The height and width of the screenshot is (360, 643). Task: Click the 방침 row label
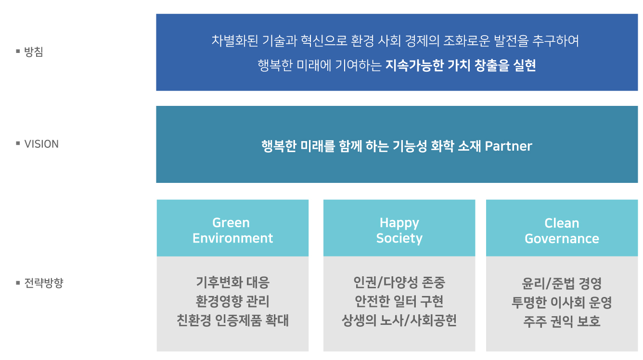point(34,51)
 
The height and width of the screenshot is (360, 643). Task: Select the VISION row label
point(41,144)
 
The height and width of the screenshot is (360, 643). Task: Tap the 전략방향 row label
point(44,283)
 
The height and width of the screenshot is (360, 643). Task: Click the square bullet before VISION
point(18,143)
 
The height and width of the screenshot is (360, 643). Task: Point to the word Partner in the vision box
point(508,146)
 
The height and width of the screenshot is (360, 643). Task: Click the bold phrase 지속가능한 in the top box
point(414,65)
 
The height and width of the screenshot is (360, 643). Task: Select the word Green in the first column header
point(231,223)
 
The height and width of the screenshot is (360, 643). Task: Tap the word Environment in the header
point(232,238)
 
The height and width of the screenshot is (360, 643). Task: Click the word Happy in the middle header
point(399,223)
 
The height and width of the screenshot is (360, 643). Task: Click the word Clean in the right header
point(562,223)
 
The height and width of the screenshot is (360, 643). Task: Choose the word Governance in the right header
point(562,239)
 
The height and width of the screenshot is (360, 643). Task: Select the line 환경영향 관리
point(232,301)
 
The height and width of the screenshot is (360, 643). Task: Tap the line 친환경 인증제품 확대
point(232,321)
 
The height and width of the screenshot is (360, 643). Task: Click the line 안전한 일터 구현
point(399,301)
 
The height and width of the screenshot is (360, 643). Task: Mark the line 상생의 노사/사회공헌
point(399,321)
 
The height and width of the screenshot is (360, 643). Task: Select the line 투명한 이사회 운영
point(562,302)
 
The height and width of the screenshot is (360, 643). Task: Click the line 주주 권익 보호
point(562,321)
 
